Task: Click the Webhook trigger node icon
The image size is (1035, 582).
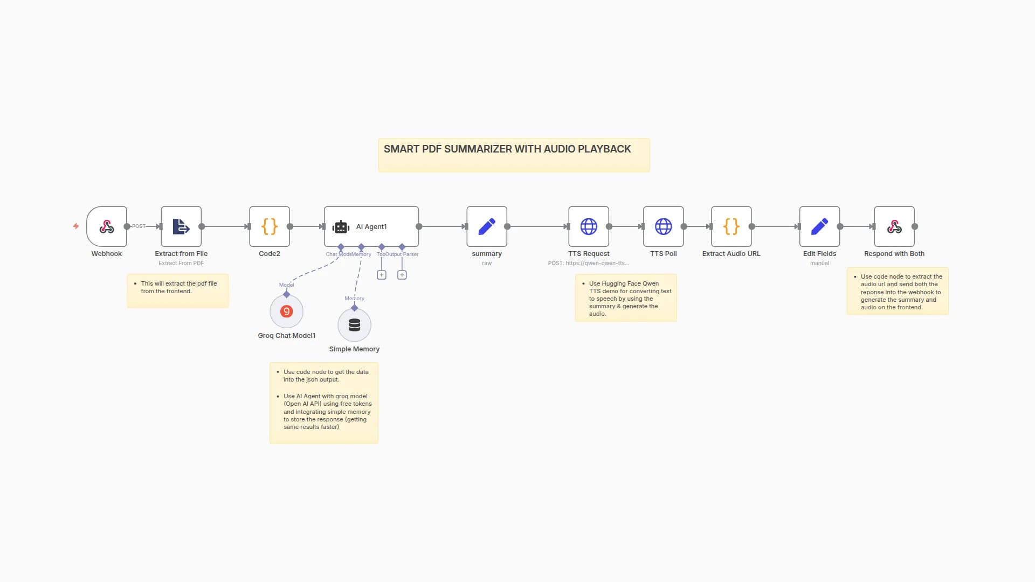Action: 107,226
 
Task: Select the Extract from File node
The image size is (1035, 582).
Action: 181,226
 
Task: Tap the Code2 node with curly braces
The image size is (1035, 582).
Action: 270,226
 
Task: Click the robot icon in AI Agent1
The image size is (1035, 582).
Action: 341,227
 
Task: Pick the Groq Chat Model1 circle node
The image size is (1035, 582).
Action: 286,311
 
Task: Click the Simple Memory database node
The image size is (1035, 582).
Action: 354,325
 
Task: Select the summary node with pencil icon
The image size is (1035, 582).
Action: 487,226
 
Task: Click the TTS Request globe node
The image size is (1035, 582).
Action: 589,226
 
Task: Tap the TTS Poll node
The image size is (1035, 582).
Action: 663,226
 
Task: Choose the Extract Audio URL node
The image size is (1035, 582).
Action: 731,226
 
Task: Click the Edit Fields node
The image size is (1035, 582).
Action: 819,226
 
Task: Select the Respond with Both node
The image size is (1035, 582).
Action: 894,226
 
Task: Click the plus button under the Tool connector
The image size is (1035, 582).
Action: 382,275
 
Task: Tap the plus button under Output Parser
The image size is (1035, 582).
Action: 402,275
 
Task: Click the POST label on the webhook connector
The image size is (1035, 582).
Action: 139,226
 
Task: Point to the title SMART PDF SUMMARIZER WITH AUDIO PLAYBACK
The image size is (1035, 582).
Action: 507,149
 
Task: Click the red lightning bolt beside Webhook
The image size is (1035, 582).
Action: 76,226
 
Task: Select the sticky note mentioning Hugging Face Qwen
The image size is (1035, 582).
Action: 625,298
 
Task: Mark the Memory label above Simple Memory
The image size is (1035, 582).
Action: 354,299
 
